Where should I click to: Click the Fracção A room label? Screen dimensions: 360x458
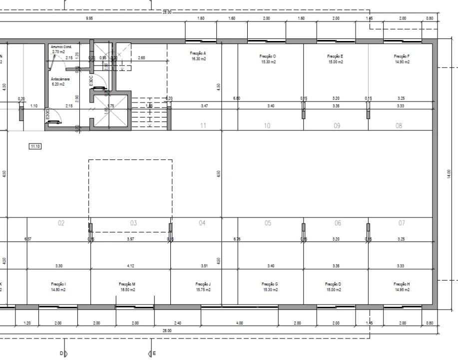[x=198, y=52]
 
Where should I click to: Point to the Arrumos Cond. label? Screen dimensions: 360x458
[x=61, y=46]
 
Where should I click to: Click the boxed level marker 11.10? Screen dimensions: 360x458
[x=35, y=146]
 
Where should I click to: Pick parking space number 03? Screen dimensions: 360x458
[x=133, y=223]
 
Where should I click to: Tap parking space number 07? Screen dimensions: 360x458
[x=402, y=223]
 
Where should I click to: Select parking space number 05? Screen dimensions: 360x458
[x=268, y=223]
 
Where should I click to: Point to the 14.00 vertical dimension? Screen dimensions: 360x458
[x=449, y=172]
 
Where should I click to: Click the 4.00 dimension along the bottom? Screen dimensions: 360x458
[x=240, y=323]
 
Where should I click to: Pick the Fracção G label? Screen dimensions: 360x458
[x=270, y=283]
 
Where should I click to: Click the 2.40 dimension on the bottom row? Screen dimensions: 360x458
[x=178, y=323]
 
